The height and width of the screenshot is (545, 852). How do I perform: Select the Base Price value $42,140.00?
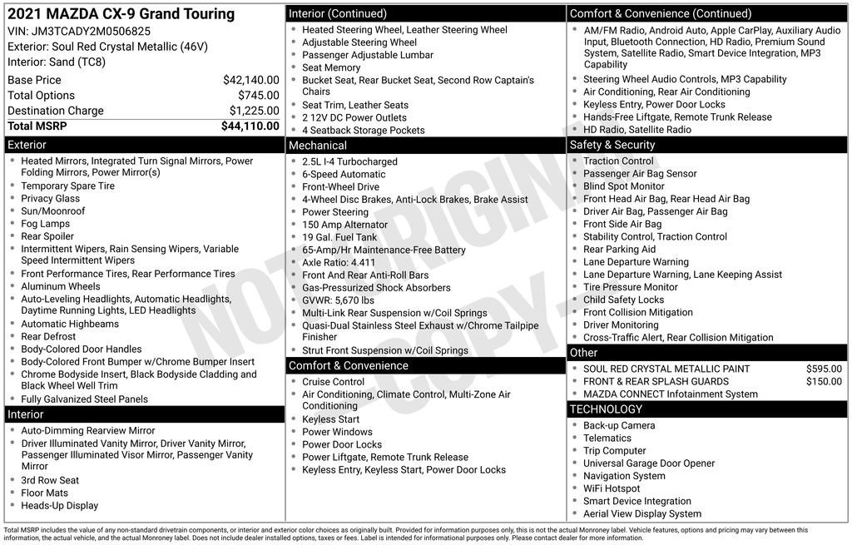point(250,80)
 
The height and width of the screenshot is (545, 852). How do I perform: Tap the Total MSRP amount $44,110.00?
point(250,126)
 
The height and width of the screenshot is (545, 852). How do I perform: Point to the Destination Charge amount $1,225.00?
point(254,111)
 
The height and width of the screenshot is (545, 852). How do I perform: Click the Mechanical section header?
point(318,146)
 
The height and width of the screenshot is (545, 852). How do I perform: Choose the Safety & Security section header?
point(612,145)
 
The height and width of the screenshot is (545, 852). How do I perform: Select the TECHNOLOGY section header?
point(606,409)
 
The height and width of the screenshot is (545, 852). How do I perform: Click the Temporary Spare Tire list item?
point(67,186)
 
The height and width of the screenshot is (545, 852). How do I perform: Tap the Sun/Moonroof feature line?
point(52,211)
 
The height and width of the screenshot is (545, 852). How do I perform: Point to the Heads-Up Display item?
point(59,506)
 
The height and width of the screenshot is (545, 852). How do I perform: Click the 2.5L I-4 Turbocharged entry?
point(349,161)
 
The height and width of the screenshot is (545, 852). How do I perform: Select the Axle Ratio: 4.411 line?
point(339,263)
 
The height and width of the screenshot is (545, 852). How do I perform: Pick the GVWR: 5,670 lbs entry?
point(338,300)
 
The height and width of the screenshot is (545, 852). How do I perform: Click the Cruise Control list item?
point(333,382)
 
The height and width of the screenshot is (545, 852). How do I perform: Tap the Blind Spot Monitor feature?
point(623,186)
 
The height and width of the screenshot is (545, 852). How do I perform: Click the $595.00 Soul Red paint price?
point(824,369)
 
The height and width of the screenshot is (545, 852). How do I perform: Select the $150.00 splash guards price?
point(824,381)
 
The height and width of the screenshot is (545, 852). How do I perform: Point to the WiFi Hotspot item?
point(612,488)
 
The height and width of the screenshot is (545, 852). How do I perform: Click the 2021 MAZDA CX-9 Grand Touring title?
point(121,13)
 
